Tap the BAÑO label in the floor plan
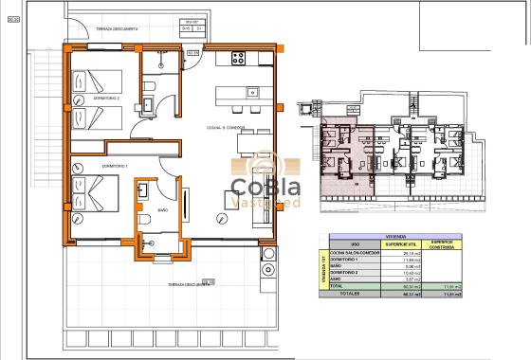(x=162, y=209)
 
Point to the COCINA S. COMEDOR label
(x=226, y=127)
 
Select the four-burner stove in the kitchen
(x=237, y=58)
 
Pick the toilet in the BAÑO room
(x=144, y=221)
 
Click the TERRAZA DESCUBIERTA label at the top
(x=117, y=29)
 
